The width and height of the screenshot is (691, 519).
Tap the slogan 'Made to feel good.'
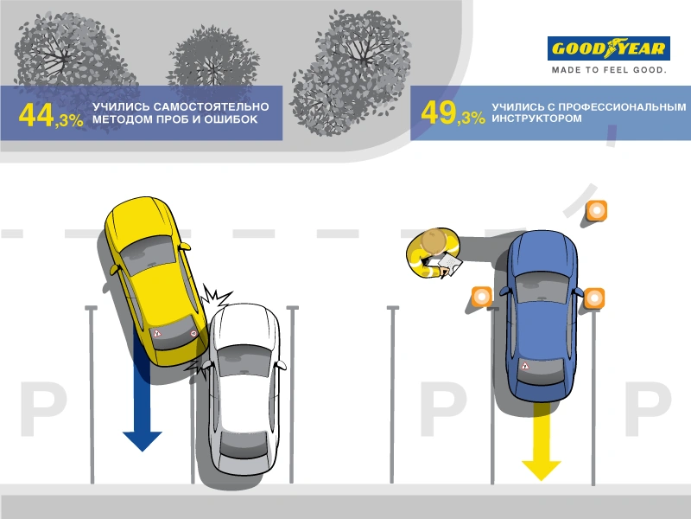pyautogui.click(x=609, y=70)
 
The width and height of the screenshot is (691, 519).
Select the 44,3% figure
pyautogui.click(x=50, y=115)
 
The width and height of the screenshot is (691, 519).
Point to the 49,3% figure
pyautogui.click(x=452, y=113)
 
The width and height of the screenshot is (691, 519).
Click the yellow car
pyautogui.click(x=152, y=277)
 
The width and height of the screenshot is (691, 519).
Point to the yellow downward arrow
pyautogui.click(x=542, y=441)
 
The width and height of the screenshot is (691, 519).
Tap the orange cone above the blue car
pyautogui.click(x=596, y=210)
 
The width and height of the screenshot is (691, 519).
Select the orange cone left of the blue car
pyautogui.click(x=480, y=297)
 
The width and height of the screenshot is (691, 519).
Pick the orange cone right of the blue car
pyautogui.click(x=594, y=298)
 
